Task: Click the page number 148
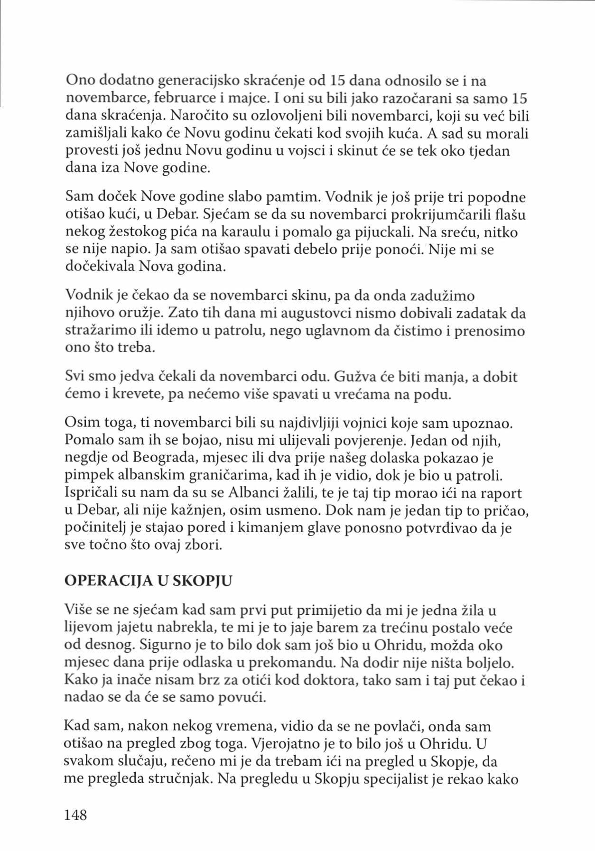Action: click(x=76, y=814)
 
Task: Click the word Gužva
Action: click(x=354, y=377)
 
